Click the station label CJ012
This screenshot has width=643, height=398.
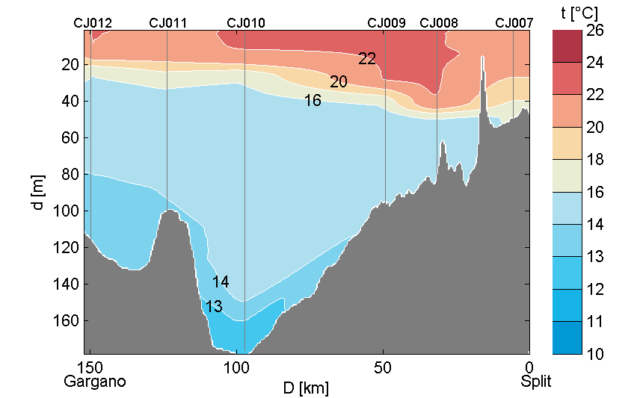coord(93,23)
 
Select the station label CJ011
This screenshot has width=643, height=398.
coord(168,23)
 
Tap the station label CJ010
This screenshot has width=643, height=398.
coord(245,23)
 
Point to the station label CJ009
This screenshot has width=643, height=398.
coord(387,23)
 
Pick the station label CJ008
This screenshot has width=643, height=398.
coord(439,23)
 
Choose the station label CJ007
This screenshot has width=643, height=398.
coord(514,23)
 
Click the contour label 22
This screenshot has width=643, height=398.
coord(366,59)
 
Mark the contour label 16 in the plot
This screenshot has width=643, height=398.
coord(313,100)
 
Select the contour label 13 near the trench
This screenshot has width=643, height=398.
coord(214,306)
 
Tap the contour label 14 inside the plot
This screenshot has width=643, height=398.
coord(220,282)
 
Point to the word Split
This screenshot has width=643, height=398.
coord(536,382)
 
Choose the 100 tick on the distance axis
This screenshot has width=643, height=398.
coord(236,367)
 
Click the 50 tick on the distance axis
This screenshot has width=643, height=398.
coord(383,367)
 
